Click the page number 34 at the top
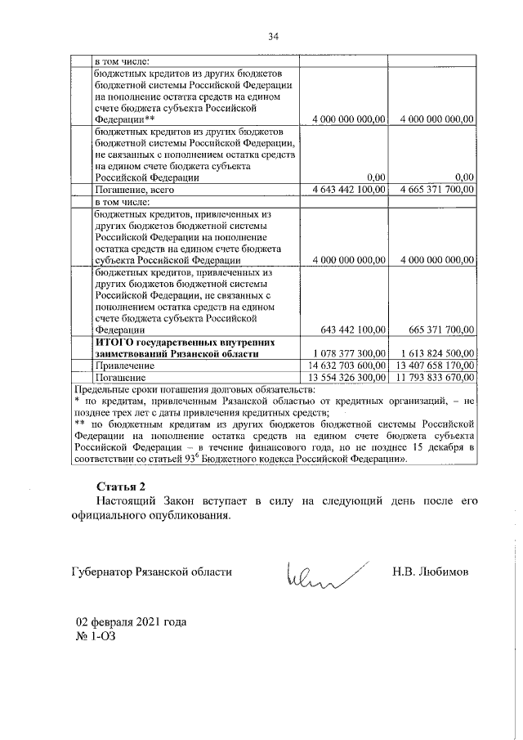click(x=273, y=36)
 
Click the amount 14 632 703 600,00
click(x=345, y=366)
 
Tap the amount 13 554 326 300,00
click(x=345, y=378)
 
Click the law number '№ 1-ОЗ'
click(x=93, y=635)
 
